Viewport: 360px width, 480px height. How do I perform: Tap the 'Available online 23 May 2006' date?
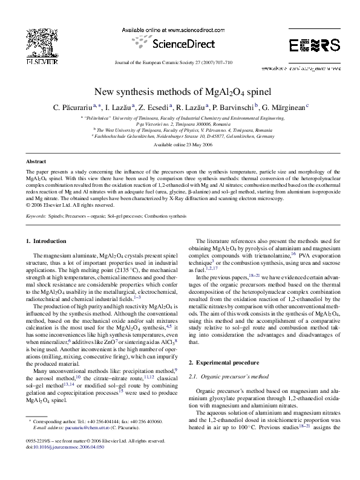(x=180, y=146)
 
